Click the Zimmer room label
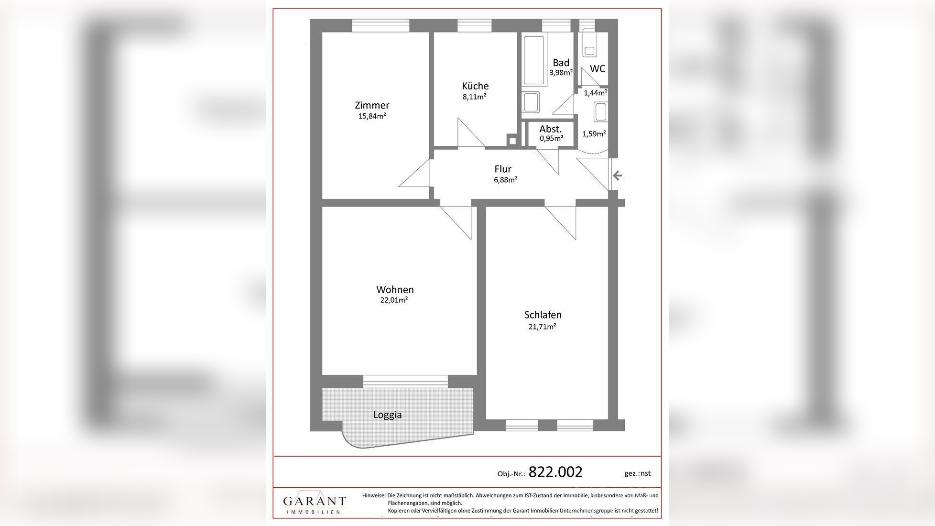coord(372,105)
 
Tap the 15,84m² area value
coord(372,116)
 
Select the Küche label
coord(475,86)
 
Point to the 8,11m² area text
coord(474,97)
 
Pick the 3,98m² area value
coord(561,73)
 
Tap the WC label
coord(598,69)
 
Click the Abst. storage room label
coord(550,129)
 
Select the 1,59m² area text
coord(594,134)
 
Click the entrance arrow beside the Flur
coord(617,175)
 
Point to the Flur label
coord(503,169)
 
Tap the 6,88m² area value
coord(506,180)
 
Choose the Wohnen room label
coord(395,289)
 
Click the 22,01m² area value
coord(394,300)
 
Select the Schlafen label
coord(543,315)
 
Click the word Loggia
coord(387,415)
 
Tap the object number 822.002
coord(555,472)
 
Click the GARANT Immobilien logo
coord(314,503)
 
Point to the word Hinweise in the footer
coord(373,496)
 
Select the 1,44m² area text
coord(596,93)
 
